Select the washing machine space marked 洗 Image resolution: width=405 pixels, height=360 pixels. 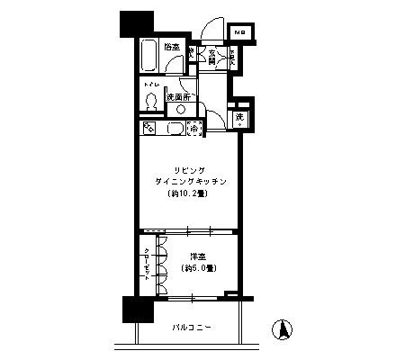[x=239, y=117]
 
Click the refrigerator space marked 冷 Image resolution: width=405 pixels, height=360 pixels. [x=194, y=129]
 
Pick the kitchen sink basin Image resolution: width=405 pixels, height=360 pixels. [x=173, y=129]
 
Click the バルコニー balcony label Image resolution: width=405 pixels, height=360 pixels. [x=190, y=328]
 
